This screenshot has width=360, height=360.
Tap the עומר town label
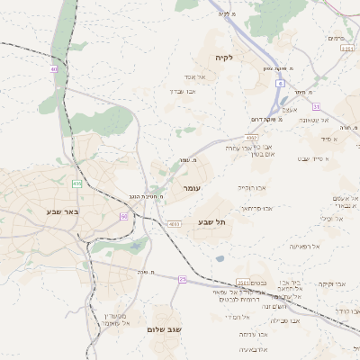click(192, 188)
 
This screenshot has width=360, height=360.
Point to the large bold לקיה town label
click(224, 58)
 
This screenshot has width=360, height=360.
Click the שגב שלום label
click(165, 329)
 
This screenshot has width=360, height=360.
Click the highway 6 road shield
click(280, 83)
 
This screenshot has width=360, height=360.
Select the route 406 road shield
click(77, 184)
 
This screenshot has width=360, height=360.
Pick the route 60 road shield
click(123, 217)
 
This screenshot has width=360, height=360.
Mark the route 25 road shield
click(182, 280)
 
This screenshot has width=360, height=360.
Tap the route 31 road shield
click(347, 49)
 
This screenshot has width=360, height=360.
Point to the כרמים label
click(337, 38)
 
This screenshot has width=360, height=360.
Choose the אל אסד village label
click(196, 76)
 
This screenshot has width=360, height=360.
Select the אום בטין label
click(268, 155)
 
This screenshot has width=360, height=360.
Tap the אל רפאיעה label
click(304, 246)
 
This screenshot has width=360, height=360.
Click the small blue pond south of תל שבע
click(220, 259)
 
